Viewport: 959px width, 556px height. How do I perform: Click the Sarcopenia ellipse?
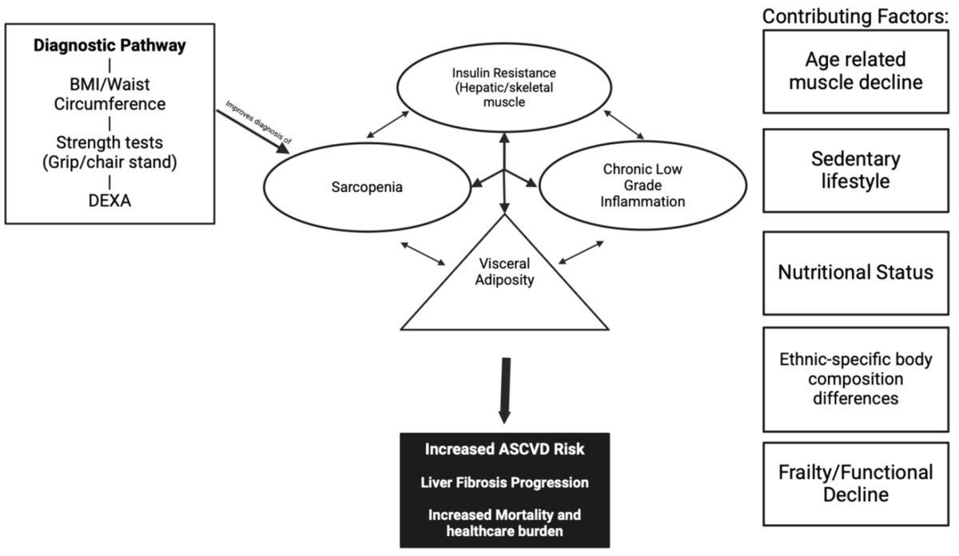click(x=367, y=187)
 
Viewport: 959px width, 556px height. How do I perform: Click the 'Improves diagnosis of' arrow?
click(x=253, y=127)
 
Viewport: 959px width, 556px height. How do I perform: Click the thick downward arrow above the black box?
click(x=503, y=391)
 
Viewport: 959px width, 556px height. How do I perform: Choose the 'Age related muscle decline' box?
click(x=855, y=71)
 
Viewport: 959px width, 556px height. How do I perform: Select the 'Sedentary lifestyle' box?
click(x=855, y=170)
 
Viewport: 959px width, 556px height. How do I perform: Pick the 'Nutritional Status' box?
click(x=855, y=273)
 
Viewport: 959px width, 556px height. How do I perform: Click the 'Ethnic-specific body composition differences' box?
click(x=855, y=378)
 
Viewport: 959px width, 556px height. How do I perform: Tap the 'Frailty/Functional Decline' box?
click(x=855, y=483)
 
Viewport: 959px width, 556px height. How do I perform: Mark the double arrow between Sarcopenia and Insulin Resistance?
click(x=386, y=125)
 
